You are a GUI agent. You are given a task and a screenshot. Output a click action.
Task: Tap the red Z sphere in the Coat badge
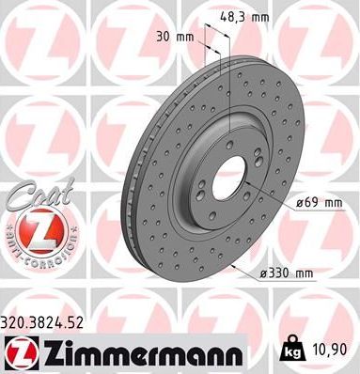coord(31,227)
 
